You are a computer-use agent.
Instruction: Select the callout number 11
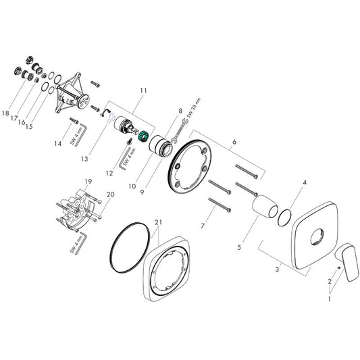coord(143,91)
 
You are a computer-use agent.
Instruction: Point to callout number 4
coord(305,182)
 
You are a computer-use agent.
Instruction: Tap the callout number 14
coord(58,143)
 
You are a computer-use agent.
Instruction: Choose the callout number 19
coord(87,182)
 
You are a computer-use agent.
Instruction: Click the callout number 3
coord(277,271)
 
